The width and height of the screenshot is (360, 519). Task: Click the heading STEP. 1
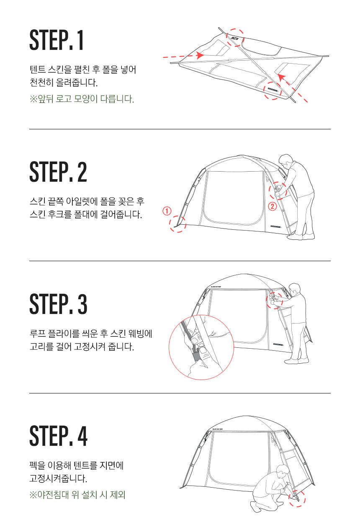coord(56,40)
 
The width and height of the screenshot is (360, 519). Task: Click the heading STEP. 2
coord(58,172)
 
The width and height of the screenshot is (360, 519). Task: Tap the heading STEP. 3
coord(58,304)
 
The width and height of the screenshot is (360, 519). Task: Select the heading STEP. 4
coord(58,436)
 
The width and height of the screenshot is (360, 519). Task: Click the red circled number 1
coord(167,211)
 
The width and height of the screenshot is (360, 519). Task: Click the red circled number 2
coord(273,206)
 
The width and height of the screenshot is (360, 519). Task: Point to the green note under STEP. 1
coord(82,99)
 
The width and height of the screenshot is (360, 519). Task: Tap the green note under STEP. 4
coord(77,495)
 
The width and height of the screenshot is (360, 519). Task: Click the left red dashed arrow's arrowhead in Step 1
coord(200,55)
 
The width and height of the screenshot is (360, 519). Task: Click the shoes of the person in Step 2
coord(301,236)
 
